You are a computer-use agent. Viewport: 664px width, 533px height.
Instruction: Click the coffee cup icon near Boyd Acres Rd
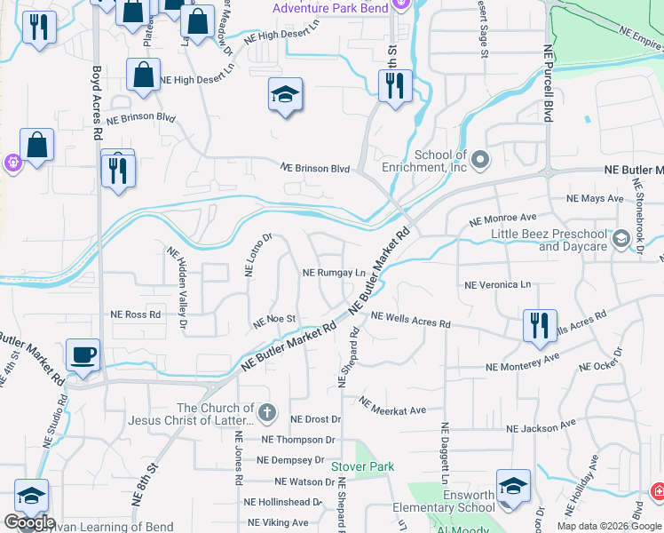[83, 354]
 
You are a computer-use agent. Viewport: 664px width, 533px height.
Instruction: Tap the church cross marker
[267, 413]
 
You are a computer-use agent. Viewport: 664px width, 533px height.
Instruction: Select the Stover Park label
[362, 465]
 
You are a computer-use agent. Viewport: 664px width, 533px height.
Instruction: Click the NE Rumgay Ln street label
[335, 274]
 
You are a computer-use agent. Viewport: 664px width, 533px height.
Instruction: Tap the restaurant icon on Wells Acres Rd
[539, 325]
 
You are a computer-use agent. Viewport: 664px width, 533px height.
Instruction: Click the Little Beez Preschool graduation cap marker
[621, 237]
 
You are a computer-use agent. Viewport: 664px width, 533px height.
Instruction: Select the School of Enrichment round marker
[481, 160]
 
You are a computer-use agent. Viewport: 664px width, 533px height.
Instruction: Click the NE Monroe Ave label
[502, 218]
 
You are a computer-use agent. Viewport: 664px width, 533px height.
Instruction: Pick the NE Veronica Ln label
[497, 285]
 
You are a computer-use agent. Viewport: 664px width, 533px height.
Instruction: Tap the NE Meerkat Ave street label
[393, 406]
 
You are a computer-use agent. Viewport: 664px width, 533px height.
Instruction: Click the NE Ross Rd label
[136, 314]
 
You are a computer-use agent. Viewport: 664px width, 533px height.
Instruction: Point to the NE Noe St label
[274, 320]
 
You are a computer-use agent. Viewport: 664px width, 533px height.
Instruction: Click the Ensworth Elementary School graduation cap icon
[513, 486]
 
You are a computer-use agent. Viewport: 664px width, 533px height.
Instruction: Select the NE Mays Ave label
[590, 198]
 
